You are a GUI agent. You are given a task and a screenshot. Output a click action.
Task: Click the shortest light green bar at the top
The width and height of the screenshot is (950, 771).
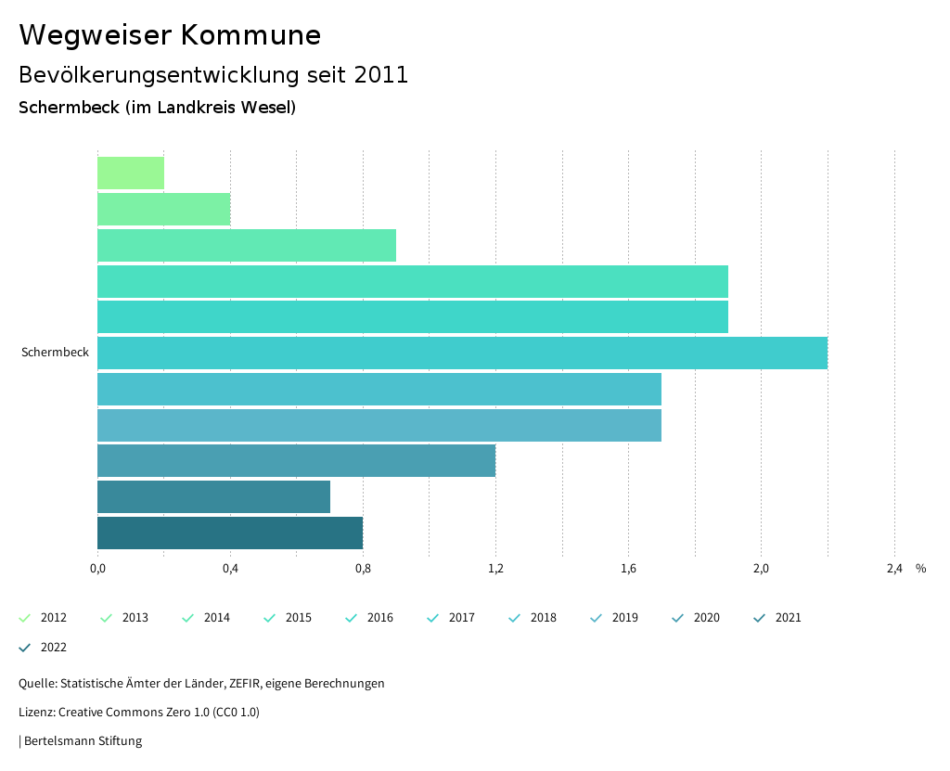[x=131, y=173]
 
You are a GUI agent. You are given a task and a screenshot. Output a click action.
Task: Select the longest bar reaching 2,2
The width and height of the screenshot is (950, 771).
[x=462, y=353]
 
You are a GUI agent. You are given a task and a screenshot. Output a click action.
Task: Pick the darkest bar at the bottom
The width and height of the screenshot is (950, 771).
[x=230, y=533]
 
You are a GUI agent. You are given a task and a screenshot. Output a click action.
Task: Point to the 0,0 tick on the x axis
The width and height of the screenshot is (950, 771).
[x=97, y=569]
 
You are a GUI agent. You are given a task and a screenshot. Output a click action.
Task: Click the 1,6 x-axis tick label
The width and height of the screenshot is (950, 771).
[x=628, y=569]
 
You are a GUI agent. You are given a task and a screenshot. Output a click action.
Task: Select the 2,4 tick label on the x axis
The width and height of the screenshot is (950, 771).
[x=893, y=569]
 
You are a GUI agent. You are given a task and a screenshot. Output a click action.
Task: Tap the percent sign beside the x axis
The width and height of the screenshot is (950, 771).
[x=920, y=569]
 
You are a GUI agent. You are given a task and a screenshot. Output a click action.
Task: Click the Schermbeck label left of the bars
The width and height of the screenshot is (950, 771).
[x=55, y=353]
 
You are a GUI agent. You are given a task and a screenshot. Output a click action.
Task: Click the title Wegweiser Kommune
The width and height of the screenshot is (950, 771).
[x=170, y=35]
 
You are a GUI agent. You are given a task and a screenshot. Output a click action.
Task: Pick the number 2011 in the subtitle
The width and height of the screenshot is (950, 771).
[x=381, y=75]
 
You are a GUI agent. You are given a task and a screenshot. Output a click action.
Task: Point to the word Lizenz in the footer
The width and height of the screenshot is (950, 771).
[x=36, y=713]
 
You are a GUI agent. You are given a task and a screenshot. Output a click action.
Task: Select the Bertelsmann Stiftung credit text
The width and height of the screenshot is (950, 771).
[x=83, y=741]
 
